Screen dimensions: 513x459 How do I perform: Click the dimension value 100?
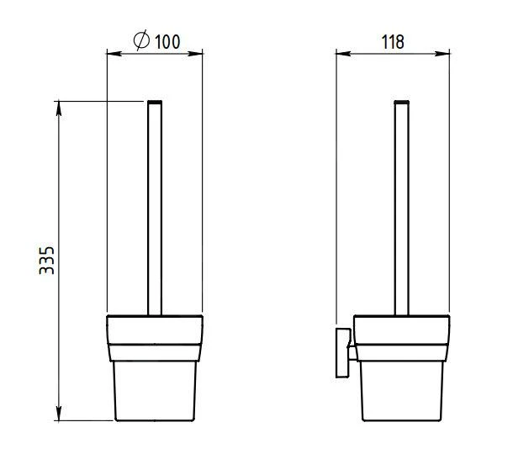[x=167, y=41]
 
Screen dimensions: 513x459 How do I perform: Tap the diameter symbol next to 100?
[x=141, y=40]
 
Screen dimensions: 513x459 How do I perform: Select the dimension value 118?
[x=393, y=42]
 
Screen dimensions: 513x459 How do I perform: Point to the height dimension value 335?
[x=46, y=261]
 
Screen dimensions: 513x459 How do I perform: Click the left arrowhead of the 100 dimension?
[x=114, y=53]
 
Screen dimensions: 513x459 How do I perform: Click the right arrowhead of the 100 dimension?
[x=195, y=53]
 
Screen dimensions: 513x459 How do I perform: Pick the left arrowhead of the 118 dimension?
[x=343, y=53]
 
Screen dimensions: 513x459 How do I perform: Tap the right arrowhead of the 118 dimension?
[x=442, y=53]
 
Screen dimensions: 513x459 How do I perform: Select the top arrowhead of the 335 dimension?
[x=59, y=108]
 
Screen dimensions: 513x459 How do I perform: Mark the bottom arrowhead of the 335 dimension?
[x=59, y=413]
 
